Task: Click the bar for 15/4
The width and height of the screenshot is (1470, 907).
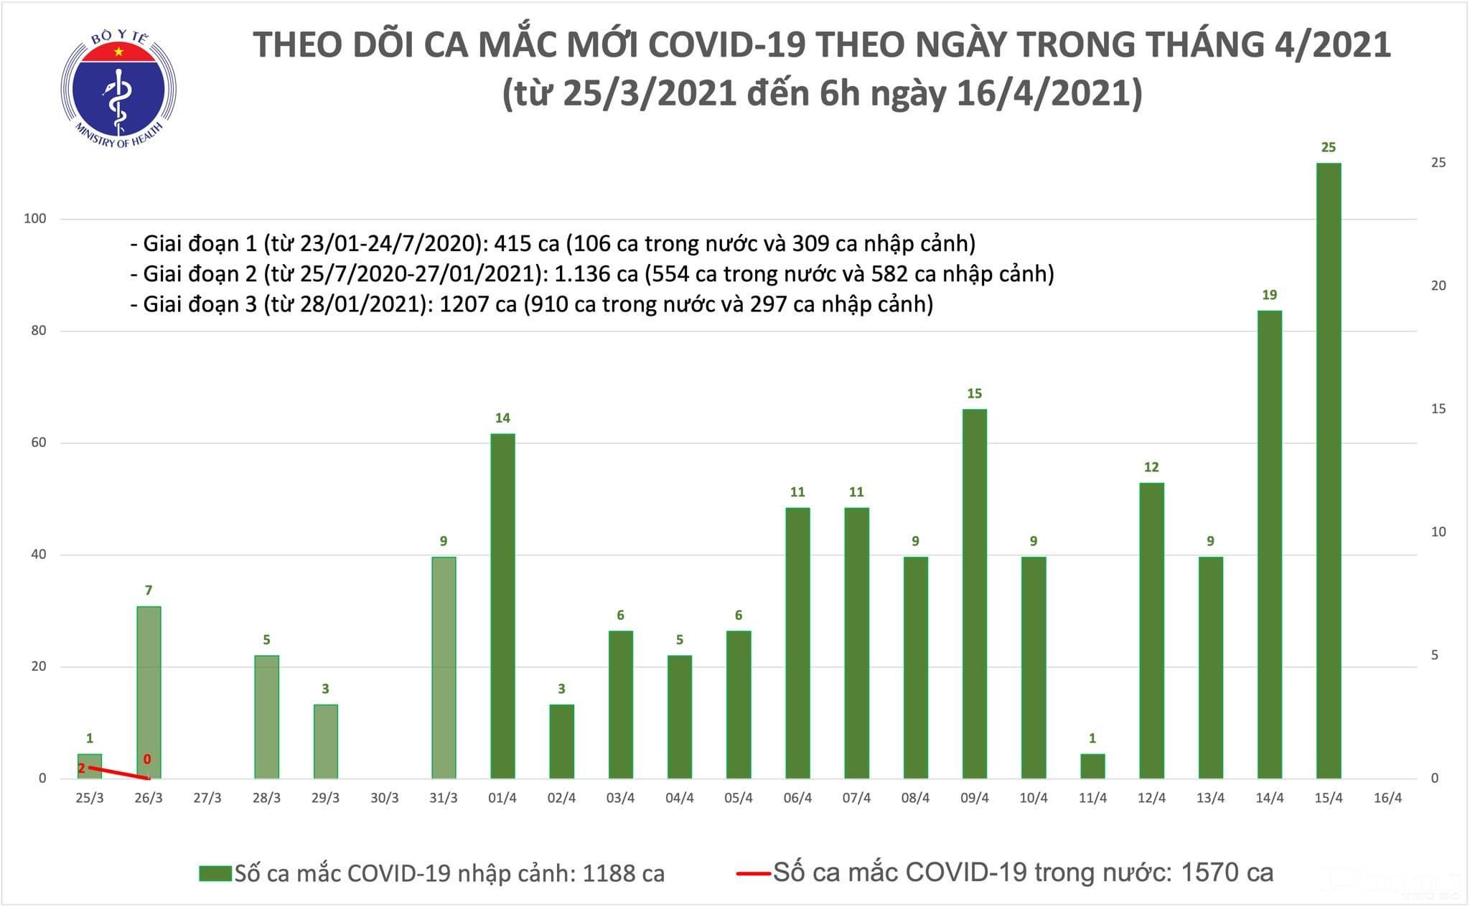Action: [x=1329, y=471]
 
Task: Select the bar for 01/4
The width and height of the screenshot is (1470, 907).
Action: [x=502, y=606]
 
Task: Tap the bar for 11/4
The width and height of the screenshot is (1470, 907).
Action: [x=1092, y=766]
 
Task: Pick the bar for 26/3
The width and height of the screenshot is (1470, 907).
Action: [x=149, y=692]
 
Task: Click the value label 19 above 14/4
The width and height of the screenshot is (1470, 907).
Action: [x=1269, y=295]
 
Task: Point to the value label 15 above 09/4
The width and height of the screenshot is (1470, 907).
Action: [x=974, y=393]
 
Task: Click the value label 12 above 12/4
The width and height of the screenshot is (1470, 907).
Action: [x=1151, y=467]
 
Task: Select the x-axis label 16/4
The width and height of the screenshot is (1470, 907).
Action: [x=1387, y=798]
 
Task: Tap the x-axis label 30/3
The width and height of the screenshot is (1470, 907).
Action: [x=385, y=798]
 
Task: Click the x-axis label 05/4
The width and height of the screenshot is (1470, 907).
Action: [x=739, y=798]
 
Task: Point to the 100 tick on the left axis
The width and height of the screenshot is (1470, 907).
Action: [x=35, y=219]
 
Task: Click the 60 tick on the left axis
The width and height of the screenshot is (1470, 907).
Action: [x=38, y=443]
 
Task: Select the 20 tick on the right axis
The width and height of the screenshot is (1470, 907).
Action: [x=1438, y=286]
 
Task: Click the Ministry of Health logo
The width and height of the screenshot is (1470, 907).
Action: [x=118, y=88]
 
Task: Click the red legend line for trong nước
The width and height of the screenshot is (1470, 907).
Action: [x=753, y=873]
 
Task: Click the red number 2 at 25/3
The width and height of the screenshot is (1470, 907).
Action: [x=81, y=769]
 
